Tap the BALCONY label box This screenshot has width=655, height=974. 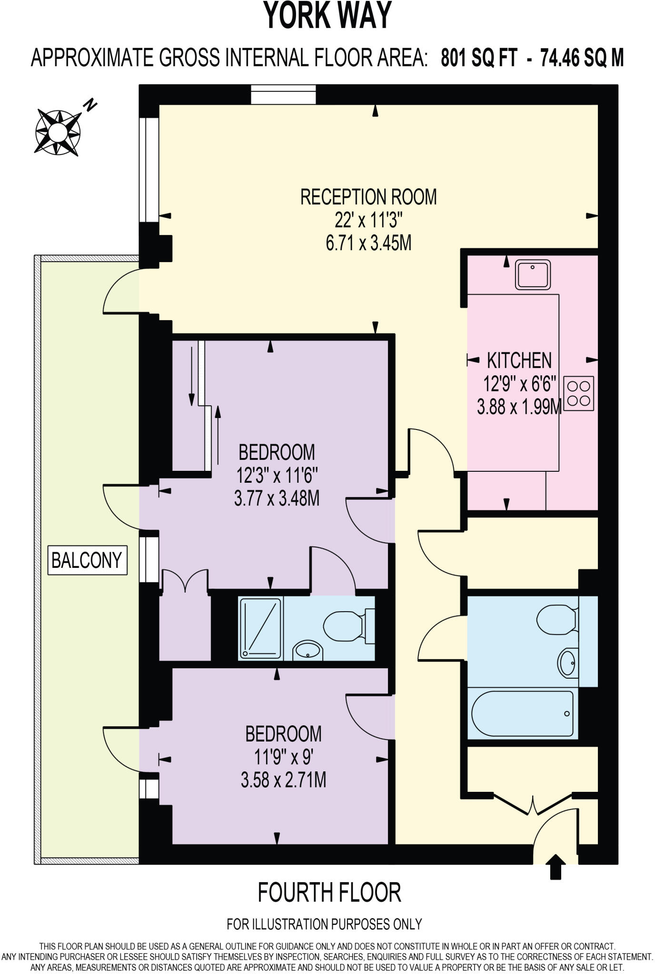click(x=87, y=560)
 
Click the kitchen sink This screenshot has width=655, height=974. click(x=532, y=274)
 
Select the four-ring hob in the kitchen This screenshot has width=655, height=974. click(x=578, y=394)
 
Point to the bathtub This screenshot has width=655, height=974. click(x=522, y=714)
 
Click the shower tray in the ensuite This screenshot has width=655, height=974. click(x=260, y=629)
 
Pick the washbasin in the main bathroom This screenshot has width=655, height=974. click(x=568, y=662)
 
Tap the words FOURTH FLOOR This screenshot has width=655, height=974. click(x=329, y=892)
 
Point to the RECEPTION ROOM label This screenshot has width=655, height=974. click(x=368, y=197)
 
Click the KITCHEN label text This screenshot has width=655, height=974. click(x=519, y=360)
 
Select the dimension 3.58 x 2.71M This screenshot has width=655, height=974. click(x=283, y=780)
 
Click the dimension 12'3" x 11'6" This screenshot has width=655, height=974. click(x=277, y=475)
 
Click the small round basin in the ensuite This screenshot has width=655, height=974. click(x=308, y=650)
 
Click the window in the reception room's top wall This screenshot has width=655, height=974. click(x=283, y=94)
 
